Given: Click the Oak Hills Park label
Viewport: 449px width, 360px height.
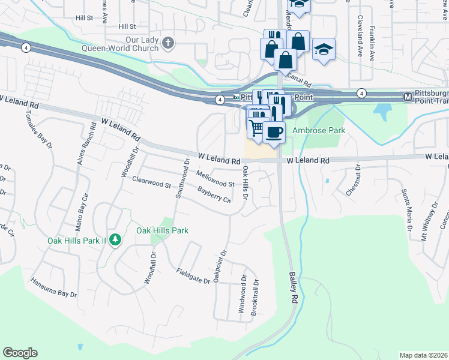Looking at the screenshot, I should [162, 230].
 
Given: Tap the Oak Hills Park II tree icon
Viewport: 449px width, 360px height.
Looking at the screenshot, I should [115, 240].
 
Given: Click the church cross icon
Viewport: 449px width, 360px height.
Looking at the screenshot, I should [168, 43].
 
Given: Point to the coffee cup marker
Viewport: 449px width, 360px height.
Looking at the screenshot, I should [274, 132].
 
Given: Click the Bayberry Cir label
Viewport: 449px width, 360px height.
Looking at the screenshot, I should [214, 195].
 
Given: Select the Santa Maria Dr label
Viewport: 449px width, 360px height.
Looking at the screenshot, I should [406, 210].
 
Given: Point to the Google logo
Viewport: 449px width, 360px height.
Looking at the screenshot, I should [20, 353].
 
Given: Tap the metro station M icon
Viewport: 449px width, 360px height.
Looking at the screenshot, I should [408, 96].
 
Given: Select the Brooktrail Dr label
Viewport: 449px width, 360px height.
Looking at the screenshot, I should [256, 298].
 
